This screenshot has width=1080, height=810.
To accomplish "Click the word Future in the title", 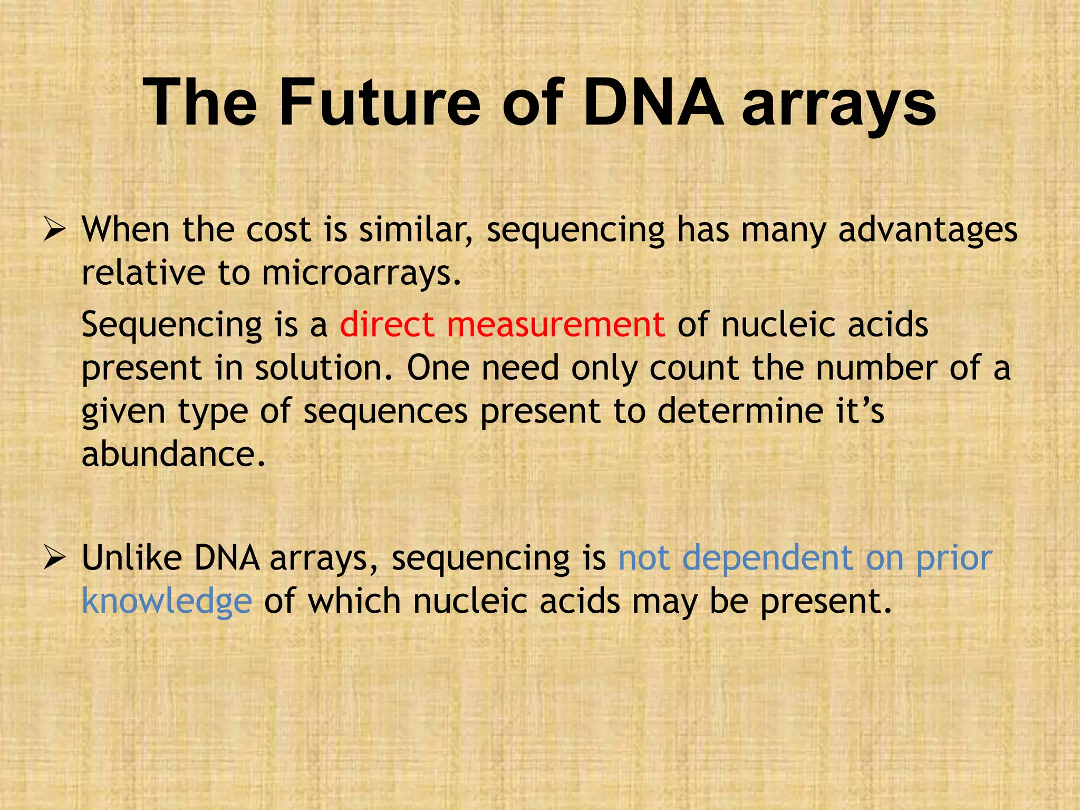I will (x=380, y=103).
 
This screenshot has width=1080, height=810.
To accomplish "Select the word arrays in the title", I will (x=839, y=105).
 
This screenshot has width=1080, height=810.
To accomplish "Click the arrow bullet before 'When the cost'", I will (x=54, y=230).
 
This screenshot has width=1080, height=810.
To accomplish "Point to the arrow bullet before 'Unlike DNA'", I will (x=54, y=558).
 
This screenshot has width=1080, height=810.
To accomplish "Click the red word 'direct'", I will (x=387, y=324).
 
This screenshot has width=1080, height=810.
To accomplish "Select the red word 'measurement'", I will (x=555, y=325).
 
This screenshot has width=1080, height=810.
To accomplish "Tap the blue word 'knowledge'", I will (x=167, y=601).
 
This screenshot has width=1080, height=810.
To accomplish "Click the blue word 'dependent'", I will (x=767, y=558).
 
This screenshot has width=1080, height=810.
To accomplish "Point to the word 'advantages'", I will (x=928, y=231).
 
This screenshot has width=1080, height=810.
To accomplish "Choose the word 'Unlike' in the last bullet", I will (x=132, y=557).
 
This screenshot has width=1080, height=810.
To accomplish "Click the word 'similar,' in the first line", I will (x=417, y=230).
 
